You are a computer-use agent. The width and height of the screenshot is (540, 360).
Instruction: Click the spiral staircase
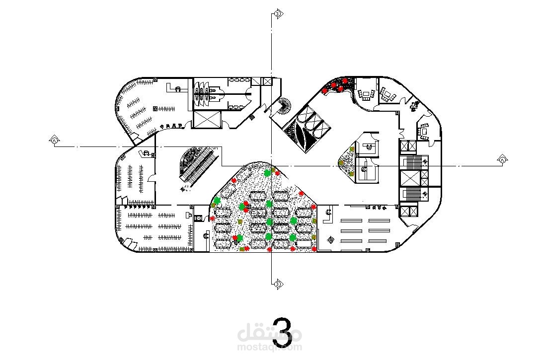pyautogui.click(x=286, y=105)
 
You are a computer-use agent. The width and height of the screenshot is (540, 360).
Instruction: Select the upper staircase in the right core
pyautogui.click(x=415, y=162)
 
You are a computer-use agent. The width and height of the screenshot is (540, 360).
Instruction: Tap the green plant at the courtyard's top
pyautogui.click(x=268, y=173)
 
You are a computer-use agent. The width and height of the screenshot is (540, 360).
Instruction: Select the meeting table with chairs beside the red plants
pyautogui.click(x=368, y=93)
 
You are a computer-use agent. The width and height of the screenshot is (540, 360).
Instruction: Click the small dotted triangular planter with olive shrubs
pyautogui.click(x=348, y=161)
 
